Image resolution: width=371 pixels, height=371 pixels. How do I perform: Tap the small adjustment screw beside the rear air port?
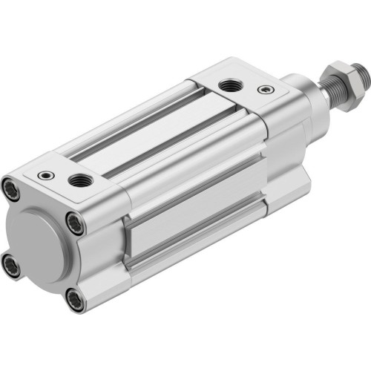coord(47,175)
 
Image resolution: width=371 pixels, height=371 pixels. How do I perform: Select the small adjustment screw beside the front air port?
coord(262,90)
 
